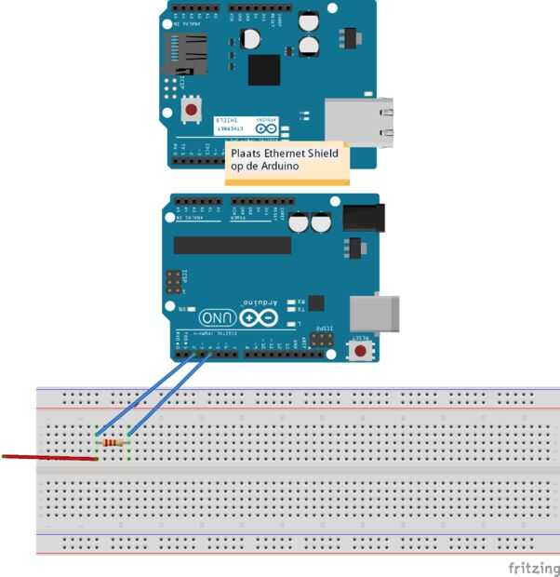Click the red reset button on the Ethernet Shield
coord(193,110)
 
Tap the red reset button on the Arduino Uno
coord(359,352)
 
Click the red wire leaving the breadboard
coord(47,457)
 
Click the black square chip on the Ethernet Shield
coord(264,69)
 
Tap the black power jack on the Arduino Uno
coord(362,218)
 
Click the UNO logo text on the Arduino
coord(216,317)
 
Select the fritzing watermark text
coord(532,566)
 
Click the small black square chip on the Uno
coord(316,302)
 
